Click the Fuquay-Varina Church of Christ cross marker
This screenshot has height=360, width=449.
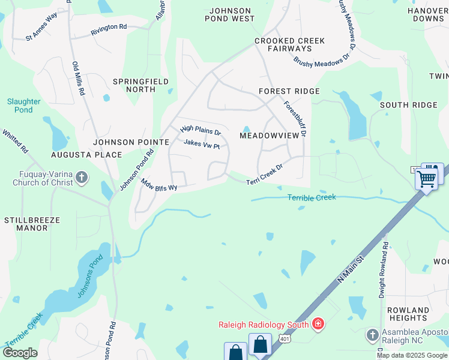(x=82, y=178)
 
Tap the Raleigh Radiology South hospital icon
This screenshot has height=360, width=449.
(x=318, y=325)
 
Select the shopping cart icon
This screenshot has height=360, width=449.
(x=427, y=178)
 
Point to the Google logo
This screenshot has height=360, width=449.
(x=20, y=353)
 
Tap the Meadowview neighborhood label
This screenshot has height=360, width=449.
(x=269, y=136)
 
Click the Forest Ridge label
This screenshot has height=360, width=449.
(x=289, y=91)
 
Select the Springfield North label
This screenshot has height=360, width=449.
(x=135, y=85)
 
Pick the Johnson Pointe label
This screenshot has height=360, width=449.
(x=131, y=142)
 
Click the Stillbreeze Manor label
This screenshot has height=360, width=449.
(x=32, y=224)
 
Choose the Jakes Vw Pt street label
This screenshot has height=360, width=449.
(x=202, y=144)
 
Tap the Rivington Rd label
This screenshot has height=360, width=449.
(x=109, y=27)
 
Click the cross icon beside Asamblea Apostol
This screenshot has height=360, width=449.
(x=372, y=334)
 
